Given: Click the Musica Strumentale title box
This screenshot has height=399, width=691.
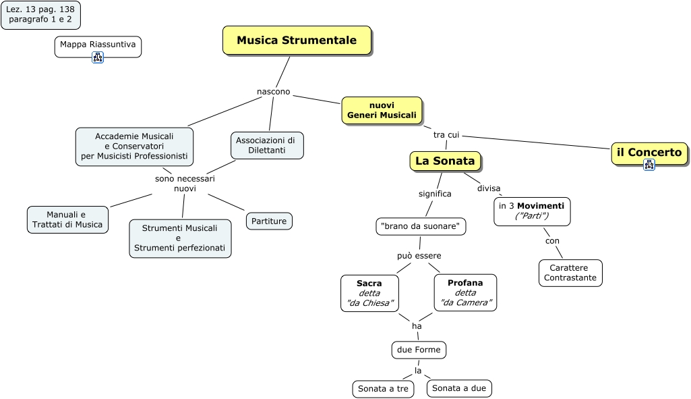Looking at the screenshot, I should [297, 41].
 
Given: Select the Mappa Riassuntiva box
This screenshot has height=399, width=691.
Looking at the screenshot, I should [98, 45].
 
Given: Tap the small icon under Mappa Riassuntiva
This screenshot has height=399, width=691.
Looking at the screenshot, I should [98, 57].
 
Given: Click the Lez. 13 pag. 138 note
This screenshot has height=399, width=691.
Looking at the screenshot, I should [40, 15].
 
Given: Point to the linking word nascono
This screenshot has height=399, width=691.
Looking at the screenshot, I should [274, 92].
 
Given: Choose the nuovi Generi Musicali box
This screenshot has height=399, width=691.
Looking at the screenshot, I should [382, 110].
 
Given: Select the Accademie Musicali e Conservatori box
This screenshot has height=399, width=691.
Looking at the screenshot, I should [134, 147].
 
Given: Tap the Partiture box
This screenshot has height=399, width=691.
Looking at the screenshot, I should [269, 221].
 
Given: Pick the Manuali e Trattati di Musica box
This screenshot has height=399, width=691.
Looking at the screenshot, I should [67, 219].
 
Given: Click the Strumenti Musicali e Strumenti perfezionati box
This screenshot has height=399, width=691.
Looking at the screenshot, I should [180, 238].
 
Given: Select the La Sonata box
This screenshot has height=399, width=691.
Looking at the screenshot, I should [445, 161].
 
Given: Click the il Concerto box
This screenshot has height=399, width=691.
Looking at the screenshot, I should [649, 153].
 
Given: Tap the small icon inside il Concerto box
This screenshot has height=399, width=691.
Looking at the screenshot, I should [649, 164].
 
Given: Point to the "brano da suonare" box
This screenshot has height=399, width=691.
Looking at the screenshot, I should [421, 226].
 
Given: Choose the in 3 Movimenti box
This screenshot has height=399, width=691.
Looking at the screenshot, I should [532, 211].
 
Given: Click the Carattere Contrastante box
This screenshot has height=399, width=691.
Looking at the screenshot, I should [570, 273].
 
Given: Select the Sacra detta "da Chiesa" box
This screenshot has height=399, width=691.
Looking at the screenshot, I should [369, 293].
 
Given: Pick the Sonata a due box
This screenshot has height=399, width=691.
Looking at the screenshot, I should [459, 388].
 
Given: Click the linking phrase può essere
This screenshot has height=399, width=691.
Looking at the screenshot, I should [419, 256].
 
